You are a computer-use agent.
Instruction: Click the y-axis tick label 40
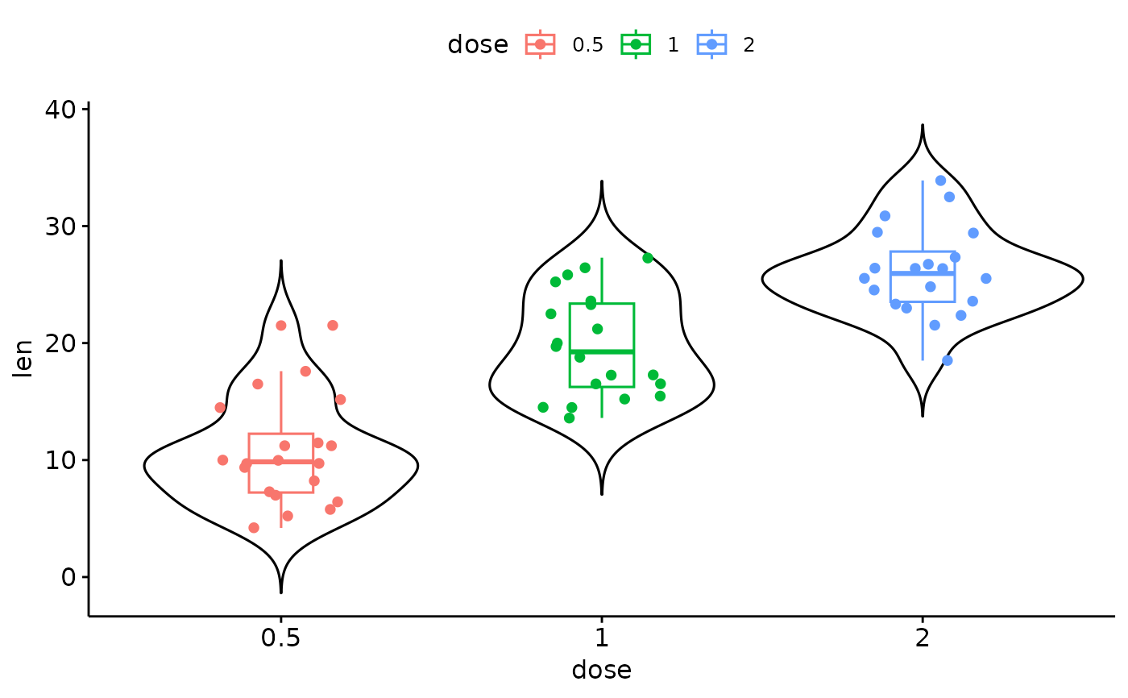coord(60,110)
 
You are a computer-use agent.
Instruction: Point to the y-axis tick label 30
coord(60,226)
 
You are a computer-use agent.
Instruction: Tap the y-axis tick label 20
coord(60,343)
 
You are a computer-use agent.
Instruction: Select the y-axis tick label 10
coord(60,460)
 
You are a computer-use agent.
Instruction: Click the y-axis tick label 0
coord(68,577)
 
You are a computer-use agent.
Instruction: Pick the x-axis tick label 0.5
coord(280,638)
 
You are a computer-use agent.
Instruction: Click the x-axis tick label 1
coord(602,638)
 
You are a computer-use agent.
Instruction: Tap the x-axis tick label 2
coord(923,638)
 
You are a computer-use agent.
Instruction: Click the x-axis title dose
coord(602,671)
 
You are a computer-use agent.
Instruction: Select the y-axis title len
coord(23,359)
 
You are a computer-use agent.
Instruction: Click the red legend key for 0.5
coord(541,44)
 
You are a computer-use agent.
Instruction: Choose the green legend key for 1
coord(636,44)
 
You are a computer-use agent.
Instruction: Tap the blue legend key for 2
coord(711,44)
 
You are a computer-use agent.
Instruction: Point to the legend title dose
coord(478,44)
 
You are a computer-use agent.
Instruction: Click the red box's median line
coord(281,461)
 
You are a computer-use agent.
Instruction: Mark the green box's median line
coord(602,351)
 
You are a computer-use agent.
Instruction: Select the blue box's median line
coord(923,273)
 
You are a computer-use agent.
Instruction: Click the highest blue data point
coord(941,181)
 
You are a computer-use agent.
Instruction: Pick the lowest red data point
coord(254,528)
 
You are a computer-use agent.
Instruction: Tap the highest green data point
coord(648,258)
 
